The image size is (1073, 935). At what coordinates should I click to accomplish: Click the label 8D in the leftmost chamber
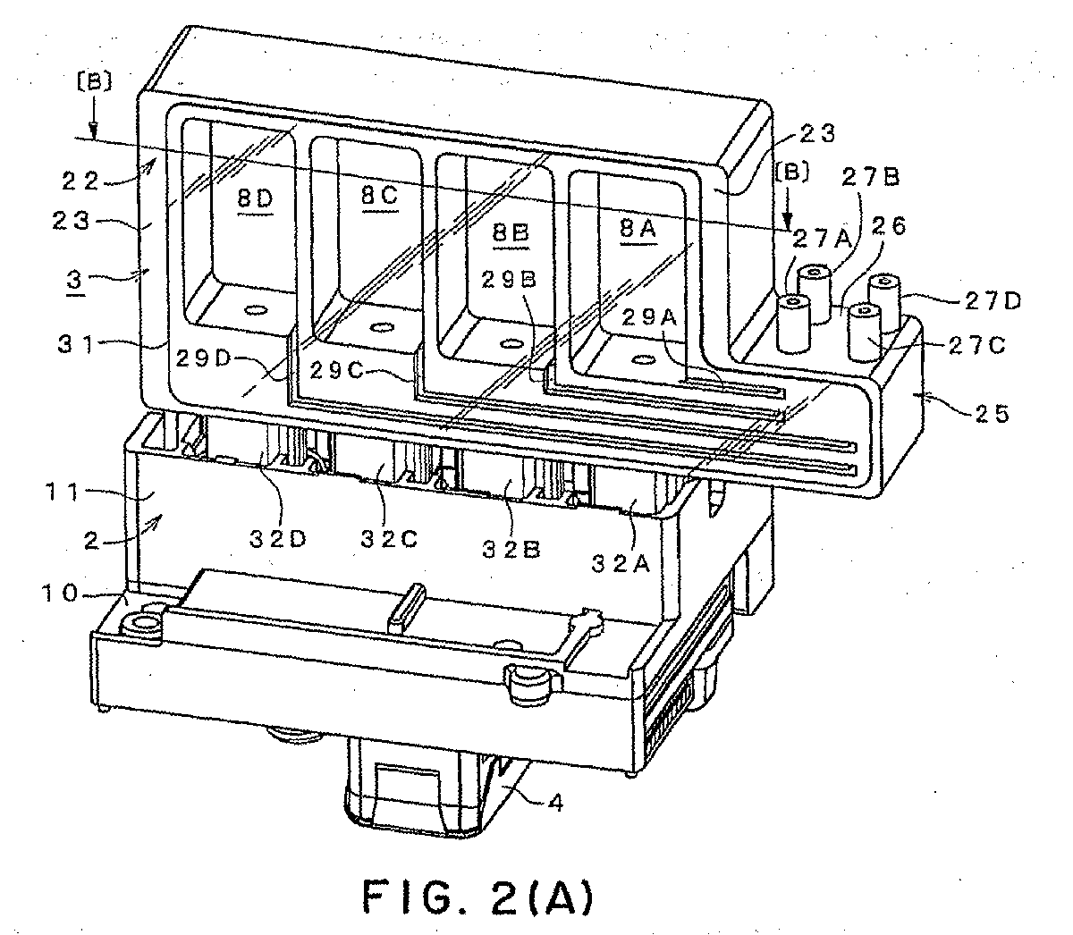tap(256, 199)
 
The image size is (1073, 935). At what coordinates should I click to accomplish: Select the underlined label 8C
tap(380, 196)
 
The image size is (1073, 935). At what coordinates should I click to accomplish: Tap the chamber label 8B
tap(511, 232)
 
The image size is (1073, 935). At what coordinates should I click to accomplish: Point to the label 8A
tap(638, 229)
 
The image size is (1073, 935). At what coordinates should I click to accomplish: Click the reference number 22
tap(80, 181)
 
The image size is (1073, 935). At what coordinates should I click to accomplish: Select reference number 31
tap(75, 345)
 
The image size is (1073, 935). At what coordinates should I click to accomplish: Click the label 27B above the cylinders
tap(871, 178)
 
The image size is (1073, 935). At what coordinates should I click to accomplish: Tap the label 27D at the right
tap(993, 301)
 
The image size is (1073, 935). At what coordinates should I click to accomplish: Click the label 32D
tap(277, 539)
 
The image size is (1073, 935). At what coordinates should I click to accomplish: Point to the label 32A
tap(621, 563)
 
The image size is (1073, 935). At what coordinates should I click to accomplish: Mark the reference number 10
tap(60, 594)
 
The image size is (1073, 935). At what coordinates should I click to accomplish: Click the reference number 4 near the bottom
tap(557, 803)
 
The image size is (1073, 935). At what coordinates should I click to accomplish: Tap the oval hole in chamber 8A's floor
tap(644, 360)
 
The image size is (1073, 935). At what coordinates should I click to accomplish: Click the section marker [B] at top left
tap(95, 81)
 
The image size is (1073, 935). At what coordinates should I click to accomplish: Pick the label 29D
tap(204, 358)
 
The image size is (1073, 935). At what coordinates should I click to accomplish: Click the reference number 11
tap(62, 493)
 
